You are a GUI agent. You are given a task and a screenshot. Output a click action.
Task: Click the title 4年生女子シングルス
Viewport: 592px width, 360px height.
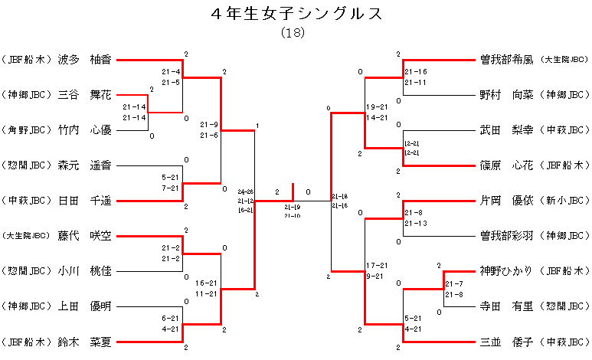pyautogui.click(x=295, y=15)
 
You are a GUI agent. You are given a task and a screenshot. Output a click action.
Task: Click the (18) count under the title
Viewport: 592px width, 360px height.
pyautogui.click(x=295, y=33)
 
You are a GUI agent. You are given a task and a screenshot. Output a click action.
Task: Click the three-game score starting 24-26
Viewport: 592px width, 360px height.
pyautogui.click(x=246, y=201)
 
